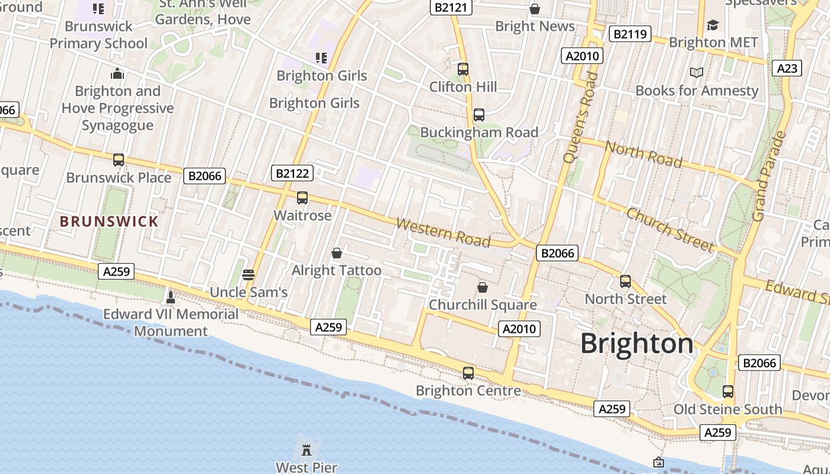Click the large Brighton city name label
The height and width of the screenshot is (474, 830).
[637, 344]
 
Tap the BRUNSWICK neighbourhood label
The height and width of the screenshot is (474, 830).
[109, 222]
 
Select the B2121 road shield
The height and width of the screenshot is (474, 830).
[451, 7]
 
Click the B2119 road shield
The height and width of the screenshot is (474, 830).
[630, 34]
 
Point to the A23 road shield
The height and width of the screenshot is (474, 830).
[787, 68]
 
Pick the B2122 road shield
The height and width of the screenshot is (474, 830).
[292, 173]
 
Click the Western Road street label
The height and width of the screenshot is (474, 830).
[443, 232]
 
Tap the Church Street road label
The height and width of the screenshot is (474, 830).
[671, 229]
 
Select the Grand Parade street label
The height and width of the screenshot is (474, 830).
[769, 177]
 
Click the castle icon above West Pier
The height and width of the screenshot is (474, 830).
[307, 450]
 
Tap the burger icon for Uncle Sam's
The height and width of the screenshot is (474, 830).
[248, 274]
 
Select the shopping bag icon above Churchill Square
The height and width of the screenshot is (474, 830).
[483, 287]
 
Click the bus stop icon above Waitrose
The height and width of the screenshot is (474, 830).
[302, 198]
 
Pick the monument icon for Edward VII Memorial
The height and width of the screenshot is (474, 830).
[171, 296]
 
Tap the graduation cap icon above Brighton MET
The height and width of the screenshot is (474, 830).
[713, 25]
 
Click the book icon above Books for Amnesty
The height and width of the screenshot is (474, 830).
[697, 72]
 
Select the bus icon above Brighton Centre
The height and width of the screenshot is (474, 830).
[468, 373]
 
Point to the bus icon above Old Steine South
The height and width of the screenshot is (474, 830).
[727, 392]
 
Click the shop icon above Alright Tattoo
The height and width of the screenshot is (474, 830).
[337, 253]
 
